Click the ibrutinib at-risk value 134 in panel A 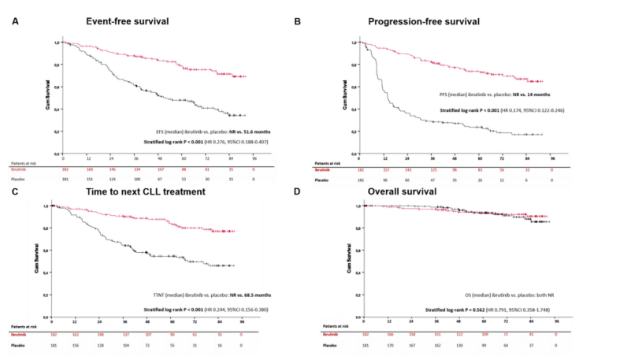pos(138,169)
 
